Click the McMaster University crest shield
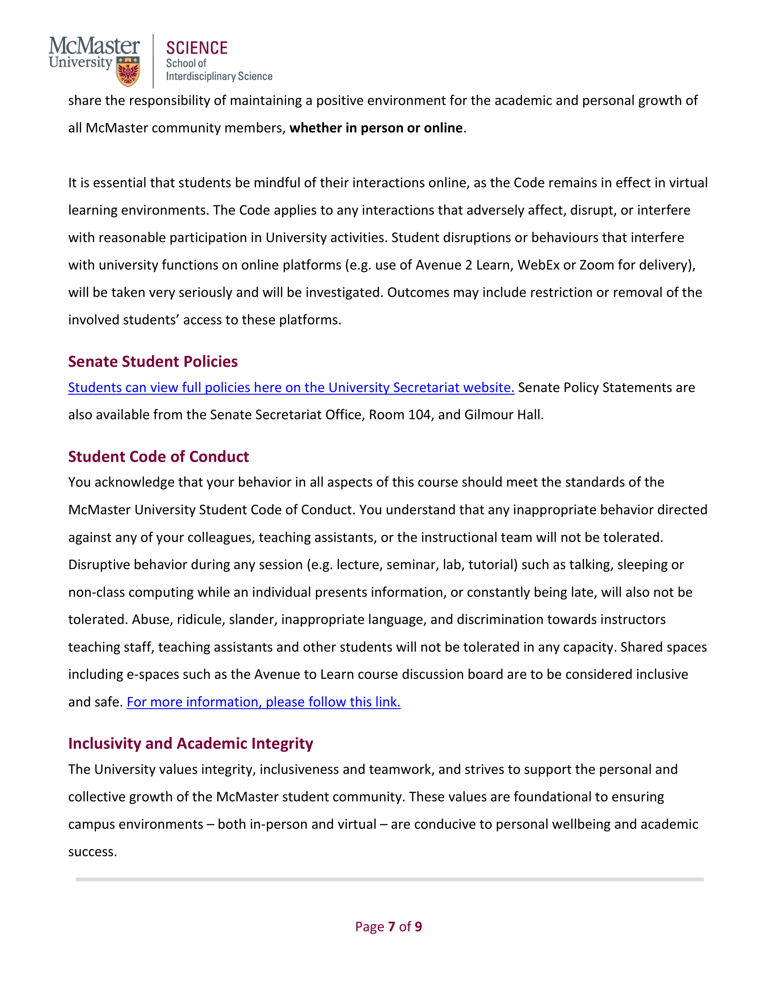128,71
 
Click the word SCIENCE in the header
197,48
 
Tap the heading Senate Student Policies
153,361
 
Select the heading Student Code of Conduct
158,456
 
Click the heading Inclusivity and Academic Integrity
190,743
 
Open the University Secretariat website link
291,388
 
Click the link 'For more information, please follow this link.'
263,702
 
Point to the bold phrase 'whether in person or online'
376,128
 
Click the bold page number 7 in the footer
391,927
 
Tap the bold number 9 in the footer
418,927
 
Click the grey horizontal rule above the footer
389,879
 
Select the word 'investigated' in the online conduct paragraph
344,293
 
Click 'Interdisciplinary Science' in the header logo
219,76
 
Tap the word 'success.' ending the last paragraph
92,852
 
